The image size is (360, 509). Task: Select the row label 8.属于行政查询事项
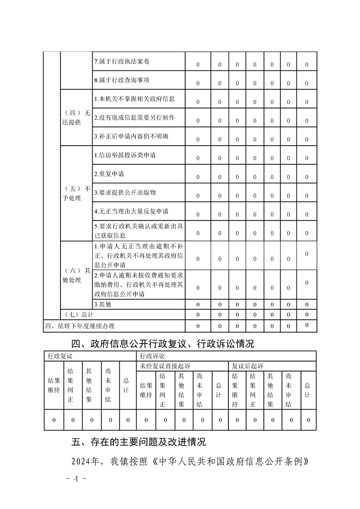click(x=121, y=80)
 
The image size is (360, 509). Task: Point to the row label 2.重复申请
click(x=109, y=174)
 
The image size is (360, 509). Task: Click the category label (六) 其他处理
click(x=76, y=275)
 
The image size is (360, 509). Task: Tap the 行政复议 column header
click(x=60, y=357)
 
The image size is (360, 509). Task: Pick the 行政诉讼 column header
click(x=153, y=357)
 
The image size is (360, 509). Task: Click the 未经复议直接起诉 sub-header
click(x=165, y=366)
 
